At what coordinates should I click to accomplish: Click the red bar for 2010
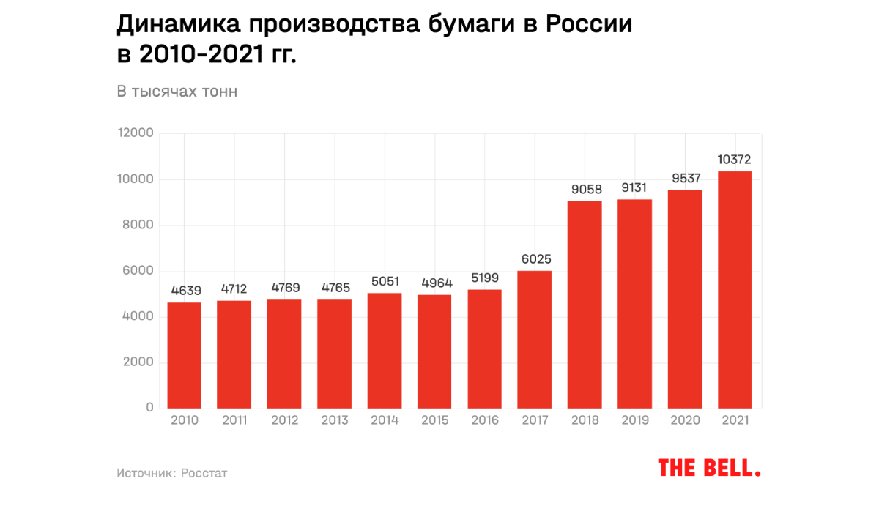pyautogui.click(x=184, y=355)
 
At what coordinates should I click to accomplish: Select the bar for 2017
pyautogui.click(x=534, y=339)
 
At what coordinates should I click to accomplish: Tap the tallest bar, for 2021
pyautogui.click(x=735, y=289)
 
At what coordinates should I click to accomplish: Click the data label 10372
pyautogui.click(x=735, y=160)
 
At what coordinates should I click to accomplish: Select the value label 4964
pyautogui.click(x=434, y=283)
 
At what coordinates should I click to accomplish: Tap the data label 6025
pyautogui.click(x=535, y=259)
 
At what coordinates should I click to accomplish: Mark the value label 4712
pyautogui.click(x=234, y=289)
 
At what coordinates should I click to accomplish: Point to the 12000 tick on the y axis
pyautogui.click(x=136, y=133)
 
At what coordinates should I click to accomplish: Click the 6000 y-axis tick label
pyautogui.click(x=138, y=271)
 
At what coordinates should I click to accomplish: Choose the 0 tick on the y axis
pyautogui.click(x=149, y=408)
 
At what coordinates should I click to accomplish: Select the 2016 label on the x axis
pyautogui.click(x=485, y=420)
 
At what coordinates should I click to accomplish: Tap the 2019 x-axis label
pyautogui.click(x=635, y=420)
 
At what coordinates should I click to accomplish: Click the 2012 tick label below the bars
pyautogui.click(x=284, y=420)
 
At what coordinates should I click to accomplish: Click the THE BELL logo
pyautogui.click(x=709, y=468)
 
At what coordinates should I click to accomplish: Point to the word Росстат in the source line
pyautogui.click(x=204, y=473)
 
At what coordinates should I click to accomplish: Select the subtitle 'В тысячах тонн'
pyautogui.click(x=177, y=92)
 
